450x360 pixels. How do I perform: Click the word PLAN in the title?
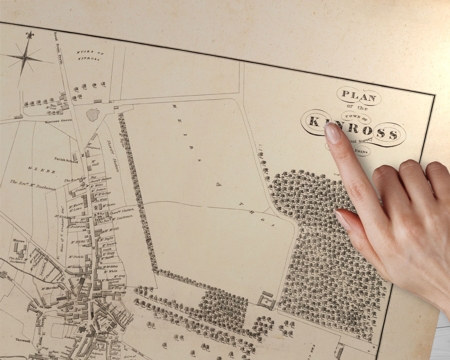(359, 96)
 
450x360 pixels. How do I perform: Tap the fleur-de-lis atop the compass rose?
(29, 35)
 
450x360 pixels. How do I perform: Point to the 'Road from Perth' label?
(58, 52)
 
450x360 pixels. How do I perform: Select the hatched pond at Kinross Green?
(93, 115)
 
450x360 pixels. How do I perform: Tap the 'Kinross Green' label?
(58, 121)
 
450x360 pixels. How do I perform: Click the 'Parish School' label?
(66, 160)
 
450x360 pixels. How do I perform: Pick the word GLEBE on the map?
(42, 170)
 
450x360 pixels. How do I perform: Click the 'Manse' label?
(19, 241)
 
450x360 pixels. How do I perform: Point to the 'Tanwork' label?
(23, 341)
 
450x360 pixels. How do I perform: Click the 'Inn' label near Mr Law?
(52, 105)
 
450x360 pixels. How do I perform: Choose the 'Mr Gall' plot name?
(94, 163)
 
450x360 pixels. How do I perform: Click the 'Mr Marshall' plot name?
(50, 289)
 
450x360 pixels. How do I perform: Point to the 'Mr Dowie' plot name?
(76, 257)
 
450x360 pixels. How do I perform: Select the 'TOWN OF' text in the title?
(356, 117)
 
